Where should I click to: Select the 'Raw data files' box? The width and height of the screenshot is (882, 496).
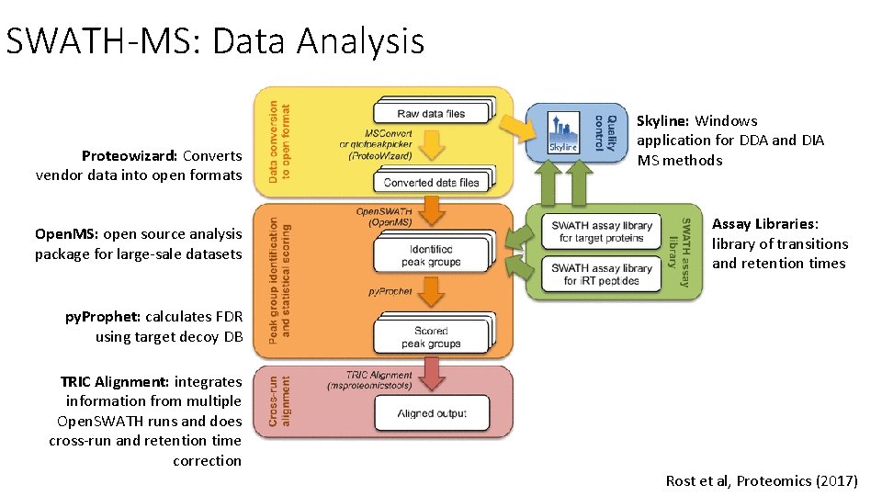431,114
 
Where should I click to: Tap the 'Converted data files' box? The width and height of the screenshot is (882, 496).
431,182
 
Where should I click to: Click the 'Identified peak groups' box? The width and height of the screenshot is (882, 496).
431,255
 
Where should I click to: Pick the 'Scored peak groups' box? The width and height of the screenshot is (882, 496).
431,337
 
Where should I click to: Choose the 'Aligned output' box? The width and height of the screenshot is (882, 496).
431,413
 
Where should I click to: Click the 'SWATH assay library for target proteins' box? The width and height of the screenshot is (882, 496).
602,231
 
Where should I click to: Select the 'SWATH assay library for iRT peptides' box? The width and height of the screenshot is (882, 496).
602,274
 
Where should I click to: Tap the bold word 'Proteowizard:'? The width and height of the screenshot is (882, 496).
130,155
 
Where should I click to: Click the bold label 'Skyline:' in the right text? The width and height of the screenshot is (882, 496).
663,120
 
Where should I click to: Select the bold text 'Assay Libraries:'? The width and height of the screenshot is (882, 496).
764,224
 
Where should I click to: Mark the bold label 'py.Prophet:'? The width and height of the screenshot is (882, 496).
103,317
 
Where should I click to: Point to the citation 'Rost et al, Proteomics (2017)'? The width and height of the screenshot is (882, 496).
762,480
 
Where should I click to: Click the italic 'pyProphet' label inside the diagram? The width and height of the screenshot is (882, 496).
390,292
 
